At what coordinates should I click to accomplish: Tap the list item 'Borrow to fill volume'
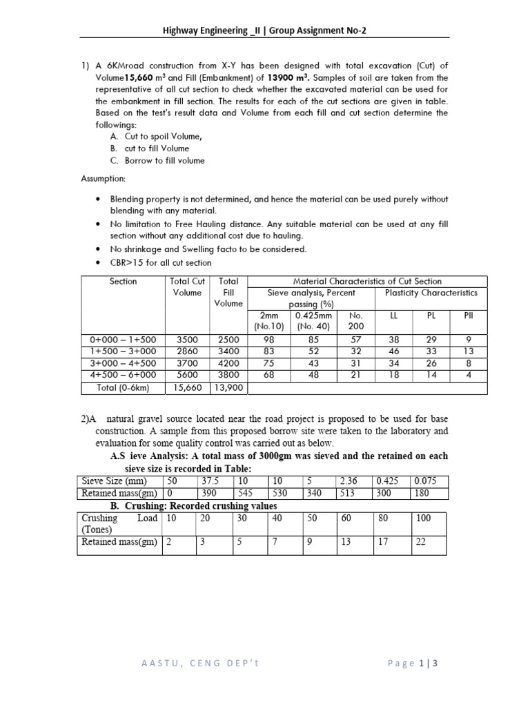click(x=164, y=161)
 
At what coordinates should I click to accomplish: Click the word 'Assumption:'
click(x=104, y=178)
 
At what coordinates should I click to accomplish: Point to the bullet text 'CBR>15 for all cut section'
click(x=161, y=262)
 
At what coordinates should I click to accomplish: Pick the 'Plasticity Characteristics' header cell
click(x=431, y=293)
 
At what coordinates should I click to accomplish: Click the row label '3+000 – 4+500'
click(x=124, y=363)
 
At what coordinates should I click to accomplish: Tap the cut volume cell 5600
click(x=187, y=376)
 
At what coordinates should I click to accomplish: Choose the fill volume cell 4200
click(x=228, y=363)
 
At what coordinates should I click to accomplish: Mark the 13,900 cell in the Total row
click(x=228, y=388)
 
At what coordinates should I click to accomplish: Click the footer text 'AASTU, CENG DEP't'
click(x=200, y=664)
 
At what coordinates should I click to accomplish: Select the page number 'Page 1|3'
click(x=413, y=664)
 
